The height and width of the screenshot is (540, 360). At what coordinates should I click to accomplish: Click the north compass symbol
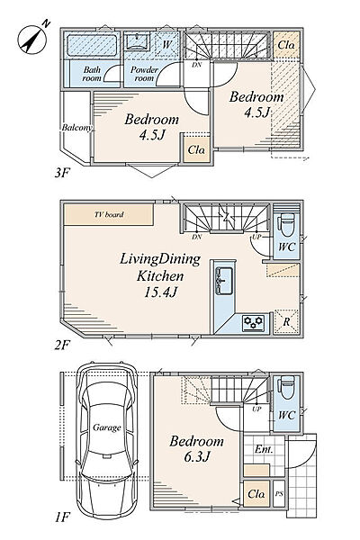point(31,40)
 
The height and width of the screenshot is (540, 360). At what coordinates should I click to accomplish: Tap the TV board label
point(109,214)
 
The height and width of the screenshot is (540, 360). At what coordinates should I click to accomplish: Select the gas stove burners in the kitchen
point(254,323)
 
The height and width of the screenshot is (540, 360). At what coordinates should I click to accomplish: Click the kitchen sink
point(224,281)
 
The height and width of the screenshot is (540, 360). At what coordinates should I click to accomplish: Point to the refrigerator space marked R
point(286,323)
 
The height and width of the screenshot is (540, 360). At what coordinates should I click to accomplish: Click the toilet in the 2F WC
point(286,223)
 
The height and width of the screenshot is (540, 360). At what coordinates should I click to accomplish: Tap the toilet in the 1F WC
point(286,388)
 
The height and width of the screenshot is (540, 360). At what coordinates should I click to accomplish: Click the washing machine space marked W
point(166,45)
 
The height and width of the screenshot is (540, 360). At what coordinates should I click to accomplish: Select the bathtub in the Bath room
point(92,45)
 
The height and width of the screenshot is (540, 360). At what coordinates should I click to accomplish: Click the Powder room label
point(144,74)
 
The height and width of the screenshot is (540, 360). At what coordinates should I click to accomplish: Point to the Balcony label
point(77,128)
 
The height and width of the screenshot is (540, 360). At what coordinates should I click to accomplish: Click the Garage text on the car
point(107,427)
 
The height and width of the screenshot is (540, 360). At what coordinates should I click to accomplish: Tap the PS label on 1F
point(279,494)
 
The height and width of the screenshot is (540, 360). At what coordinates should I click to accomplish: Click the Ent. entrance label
point(264,449)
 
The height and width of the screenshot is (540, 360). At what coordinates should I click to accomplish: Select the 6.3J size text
point(197,456)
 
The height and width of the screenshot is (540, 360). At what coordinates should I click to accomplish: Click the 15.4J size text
point(160,292)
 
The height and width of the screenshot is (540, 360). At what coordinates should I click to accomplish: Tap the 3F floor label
point(62,173)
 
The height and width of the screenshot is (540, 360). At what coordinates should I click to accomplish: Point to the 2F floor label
point(62,345)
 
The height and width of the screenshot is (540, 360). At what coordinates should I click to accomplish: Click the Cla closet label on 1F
point(256,494)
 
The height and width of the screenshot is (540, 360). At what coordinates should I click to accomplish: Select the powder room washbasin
point(137,41)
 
